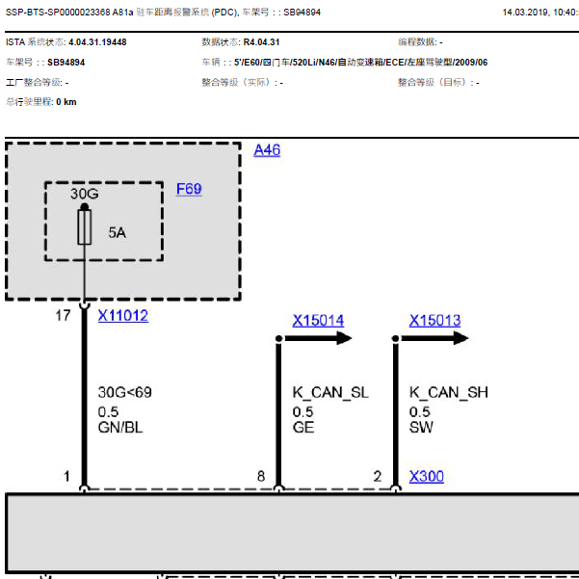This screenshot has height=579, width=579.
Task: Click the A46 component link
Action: tap(267, 150)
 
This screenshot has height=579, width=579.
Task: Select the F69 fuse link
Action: tap(189, 189)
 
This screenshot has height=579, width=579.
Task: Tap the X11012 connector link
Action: tap(123, 315)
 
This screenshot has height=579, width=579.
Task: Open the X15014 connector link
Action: tap(318, 320)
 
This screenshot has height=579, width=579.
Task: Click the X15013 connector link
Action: tap(434, 320)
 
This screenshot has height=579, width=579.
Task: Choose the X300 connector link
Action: tap(427, 476)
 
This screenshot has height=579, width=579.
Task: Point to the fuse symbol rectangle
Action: tap(85, 227)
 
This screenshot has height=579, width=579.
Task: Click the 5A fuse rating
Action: tap(118, 232)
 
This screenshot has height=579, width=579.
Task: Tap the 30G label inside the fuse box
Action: tap(85, 194)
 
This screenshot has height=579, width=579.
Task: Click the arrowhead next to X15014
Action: tap(344, 338)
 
